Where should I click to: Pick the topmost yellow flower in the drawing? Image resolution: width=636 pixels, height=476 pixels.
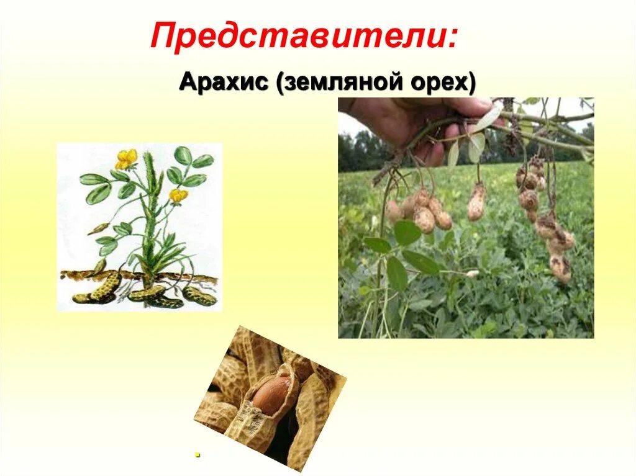126,158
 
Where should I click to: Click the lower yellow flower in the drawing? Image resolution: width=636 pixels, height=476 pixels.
178,195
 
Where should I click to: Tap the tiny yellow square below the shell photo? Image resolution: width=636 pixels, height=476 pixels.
198,454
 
